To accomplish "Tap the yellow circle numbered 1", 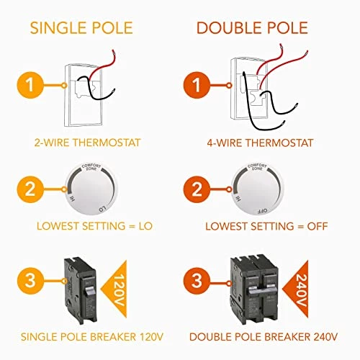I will (x=31, y=85).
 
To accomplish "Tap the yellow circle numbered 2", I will (x=31, y=191).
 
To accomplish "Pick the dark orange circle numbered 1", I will (x=204, y=85).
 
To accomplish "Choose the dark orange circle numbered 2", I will (x=204, y=191).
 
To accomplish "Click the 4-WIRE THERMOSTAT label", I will (x=259, y=143).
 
